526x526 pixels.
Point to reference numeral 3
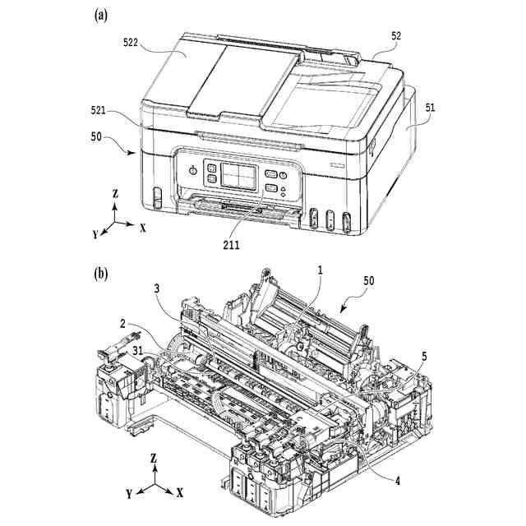155,288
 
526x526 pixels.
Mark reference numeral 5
425,358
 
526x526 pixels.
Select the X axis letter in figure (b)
179,493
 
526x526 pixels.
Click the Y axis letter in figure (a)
95,234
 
